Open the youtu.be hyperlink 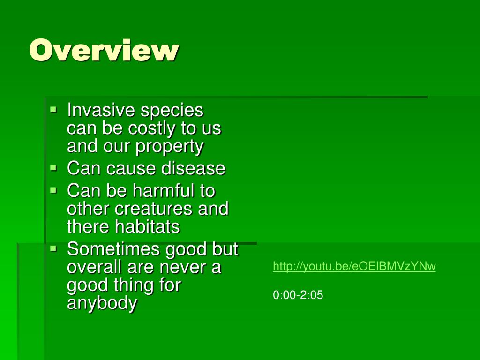(354, 267)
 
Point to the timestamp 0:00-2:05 (298, 295)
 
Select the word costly (151, 128)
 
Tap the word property (170, 147)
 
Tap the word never (180, 267)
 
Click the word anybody (102, 303)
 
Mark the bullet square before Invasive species (53, 110)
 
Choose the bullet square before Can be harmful (53, 190)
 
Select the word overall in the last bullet (94, 267)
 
